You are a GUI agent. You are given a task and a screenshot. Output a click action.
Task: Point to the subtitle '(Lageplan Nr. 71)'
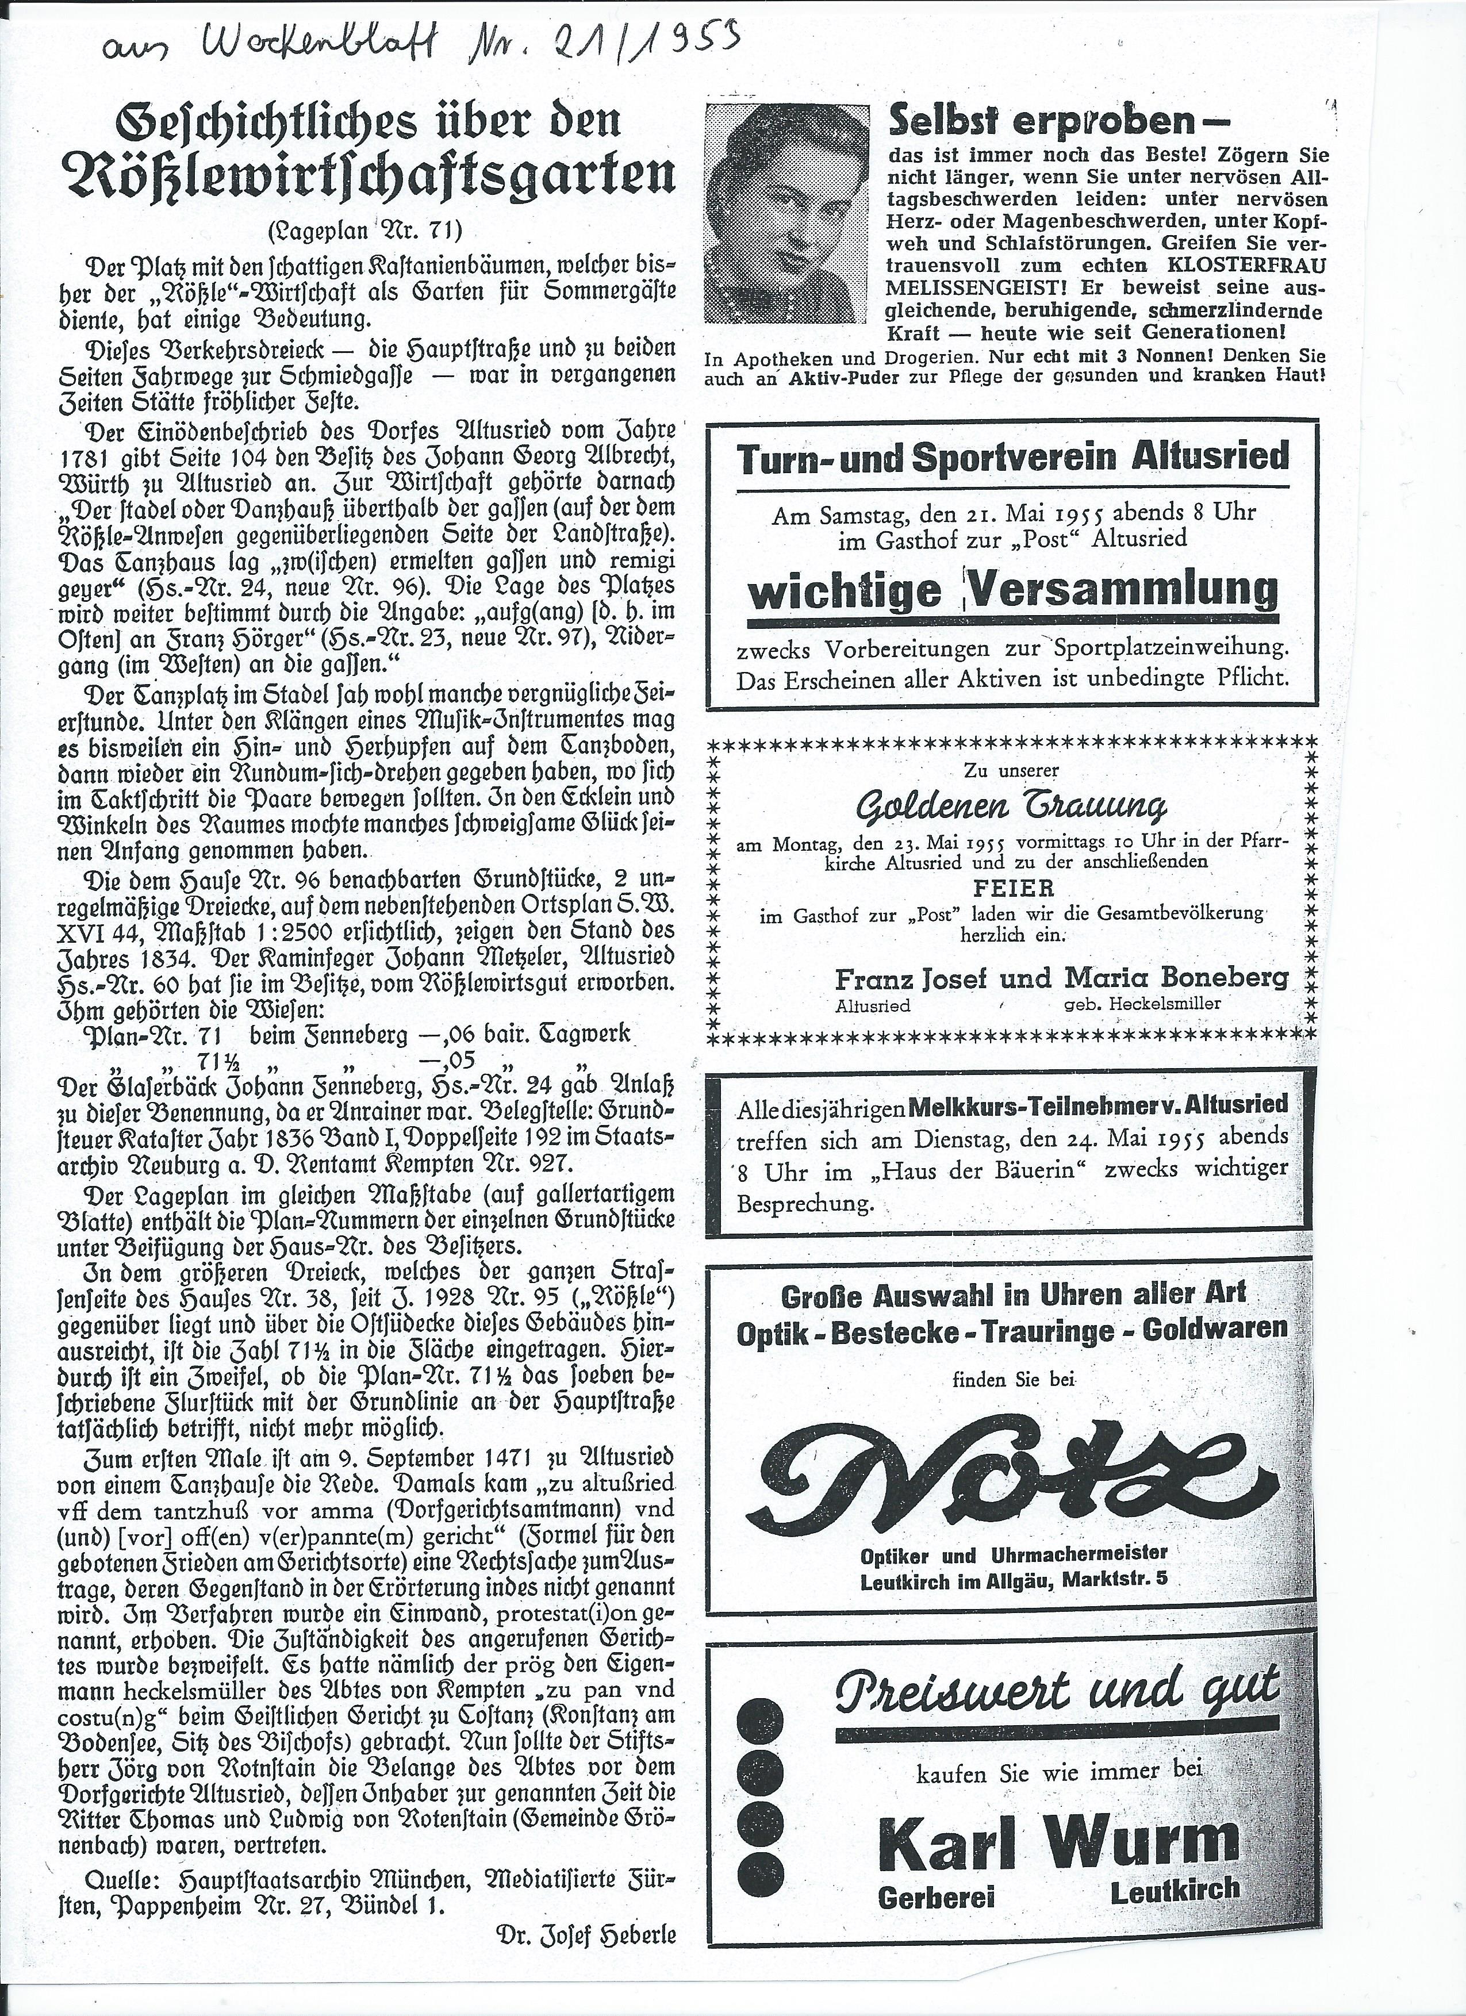coord(364,233)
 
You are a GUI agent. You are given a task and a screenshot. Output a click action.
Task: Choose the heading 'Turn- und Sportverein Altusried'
coord(1012,458)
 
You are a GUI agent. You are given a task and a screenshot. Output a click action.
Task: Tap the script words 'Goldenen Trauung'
coord(1011,806)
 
